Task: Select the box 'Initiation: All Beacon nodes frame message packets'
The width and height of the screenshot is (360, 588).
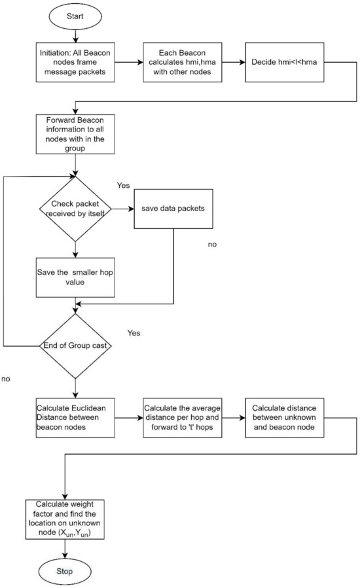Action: (75, 62)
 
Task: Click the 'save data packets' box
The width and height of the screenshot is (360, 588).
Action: (173, 209)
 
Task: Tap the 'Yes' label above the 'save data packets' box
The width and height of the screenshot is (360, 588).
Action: (124, 185)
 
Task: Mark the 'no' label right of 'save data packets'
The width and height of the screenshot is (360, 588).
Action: (212, 244)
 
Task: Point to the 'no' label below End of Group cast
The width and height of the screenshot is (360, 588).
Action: (7, 378)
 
